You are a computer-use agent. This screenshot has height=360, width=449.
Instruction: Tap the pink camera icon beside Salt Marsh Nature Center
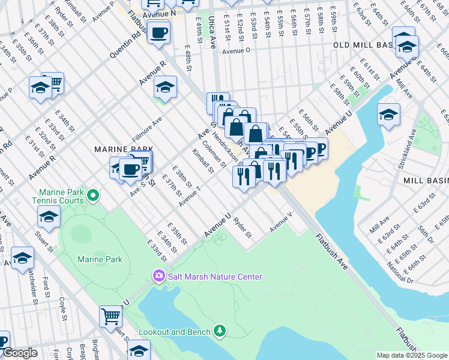pos(158,277)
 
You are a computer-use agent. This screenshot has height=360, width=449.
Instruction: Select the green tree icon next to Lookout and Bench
pos(220,331)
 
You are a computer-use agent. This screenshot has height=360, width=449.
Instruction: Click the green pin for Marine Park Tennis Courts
pos(93,195)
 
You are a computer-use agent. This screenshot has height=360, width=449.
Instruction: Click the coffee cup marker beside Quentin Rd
pos(158,32)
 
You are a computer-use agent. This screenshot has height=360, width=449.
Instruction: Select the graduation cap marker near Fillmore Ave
pos(165,87)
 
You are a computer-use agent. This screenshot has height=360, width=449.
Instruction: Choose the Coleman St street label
pos(215,154)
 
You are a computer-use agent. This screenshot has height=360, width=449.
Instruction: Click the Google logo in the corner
pos(20,353)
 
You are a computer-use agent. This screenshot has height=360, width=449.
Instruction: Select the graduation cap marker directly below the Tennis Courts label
pos(49,217)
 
